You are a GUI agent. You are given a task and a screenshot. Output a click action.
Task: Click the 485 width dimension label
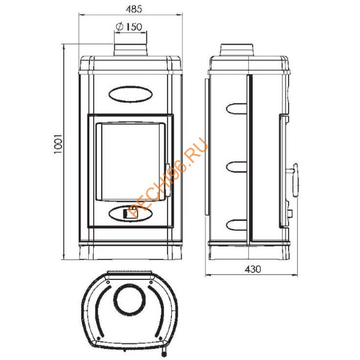pyautogui.click(x=134, y=9)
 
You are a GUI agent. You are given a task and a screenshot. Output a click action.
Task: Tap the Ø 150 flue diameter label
pyautogui.click(x=129, y=27)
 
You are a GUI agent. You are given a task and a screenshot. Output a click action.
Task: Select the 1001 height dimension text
pyautogui.click(x=58, y=144)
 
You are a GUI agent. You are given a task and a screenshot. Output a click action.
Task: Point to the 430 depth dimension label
pyautogui.click(x=253, y=269)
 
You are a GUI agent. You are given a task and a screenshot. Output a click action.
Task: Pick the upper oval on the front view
pyautogui.click(x=130, y=94)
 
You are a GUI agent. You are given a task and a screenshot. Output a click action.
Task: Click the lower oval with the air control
pyautogui.click(x=130, y=214)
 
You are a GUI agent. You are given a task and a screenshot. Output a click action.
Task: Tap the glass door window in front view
pyautogui.click(x=130, y=162)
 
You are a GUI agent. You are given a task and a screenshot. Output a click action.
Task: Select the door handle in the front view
pyautogui.click(x=168, y=180)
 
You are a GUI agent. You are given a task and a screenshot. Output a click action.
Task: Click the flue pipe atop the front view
pyautogui.click(x=130, y=50)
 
